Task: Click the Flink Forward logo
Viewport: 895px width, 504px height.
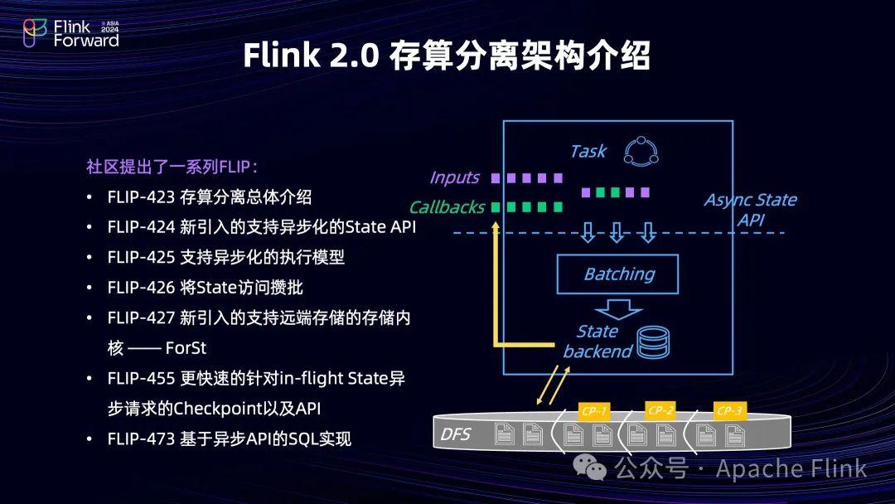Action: click(70, 33)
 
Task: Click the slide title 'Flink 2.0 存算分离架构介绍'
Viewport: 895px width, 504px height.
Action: click(447, 56)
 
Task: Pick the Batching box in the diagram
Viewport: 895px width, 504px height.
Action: click(618, 274)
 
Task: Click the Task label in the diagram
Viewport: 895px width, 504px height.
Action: click(588, 151)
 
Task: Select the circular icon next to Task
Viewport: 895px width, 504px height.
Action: click(641, 151)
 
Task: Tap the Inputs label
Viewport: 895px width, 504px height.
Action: click(454, 177)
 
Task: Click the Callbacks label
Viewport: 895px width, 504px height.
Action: click(447, 207)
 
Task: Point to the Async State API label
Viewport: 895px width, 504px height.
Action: click(750, 210)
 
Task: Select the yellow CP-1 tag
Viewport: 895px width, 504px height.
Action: click(594, 411)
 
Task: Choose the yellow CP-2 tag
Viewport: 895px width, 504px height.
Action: click(661, 411)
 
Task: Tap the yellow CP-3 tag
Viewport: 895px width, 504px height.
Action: click(730, 411)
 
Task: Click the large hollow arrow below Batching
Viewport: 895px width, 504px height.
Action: click(618, 308)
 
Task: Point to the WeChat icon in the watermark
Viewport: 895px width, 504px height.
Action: click(596, 469)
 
